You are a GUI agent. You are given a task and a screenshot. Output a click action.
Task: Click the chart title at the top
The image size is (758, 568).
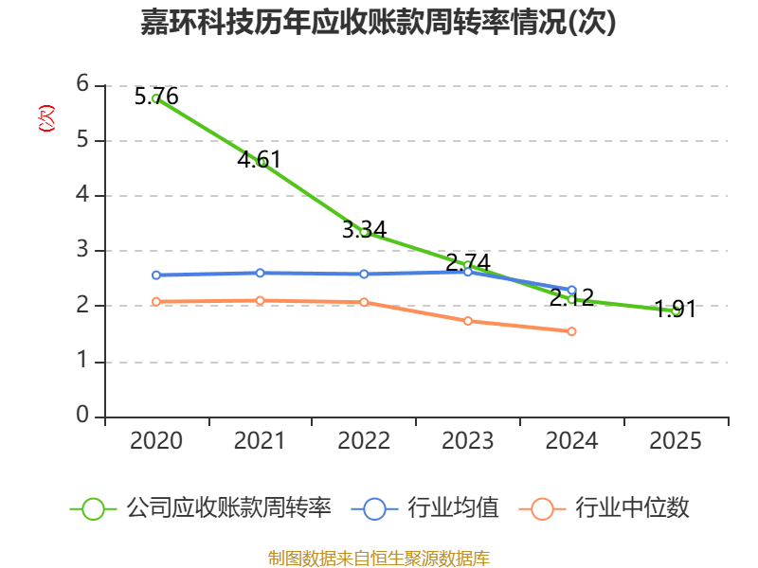[x=378, y=22]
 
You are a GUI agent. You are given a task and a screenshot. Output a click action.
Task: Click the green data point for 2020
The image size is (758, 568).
[x=156, y=98]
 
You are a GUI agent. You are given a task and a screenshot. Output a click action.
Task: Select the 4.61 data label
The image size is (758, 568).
[x=259, y=159]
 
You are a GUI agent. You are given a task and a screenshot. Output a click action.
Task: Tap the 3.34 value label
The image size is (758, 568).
[x=364, y=229]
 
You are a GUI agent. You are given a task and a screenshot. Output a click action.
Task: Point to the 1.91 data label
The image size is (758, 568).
[x=676, y=309]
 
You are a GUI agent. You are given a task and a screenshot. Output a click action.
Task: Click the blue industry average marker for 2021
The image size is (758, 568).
[x=260, y=273]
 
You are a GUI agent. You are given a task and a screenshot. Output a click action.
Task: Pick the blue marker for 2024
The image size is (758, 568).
[x=572, y=291]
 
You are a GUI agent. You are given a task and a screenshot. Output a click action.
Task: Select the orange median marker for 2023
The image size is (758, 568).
[x=468, y=321]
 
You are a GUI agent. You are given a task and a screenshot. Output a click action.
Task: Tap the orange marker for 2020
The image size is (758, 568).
[x=156, y=302]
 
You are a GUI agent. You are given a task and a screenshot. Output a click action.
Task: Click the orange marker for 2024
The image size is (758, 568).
[x=572, y=331]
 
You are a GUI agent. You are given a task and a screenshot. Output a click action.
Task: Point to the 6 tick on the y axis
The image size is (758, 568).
[x=82, y=84]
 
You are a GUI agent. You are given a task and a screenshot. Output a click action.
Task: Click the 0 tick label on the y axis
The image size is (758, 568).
[x=82, y=415]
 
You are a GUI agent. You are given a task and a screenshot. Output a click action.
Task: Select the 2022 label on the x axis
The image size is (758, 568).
[x=364, y=441]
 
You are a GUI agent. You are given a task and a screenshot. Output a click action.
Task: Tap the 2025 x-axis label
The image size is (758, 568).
[x=676, y=441]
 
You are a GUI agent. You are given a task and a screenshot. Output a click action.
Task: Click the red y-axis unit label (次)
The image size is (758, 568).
[x=46, y=118]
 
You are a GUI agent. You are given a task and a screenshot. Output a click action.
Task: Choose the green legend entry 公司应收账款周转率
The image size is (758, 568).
[x=201, y=508]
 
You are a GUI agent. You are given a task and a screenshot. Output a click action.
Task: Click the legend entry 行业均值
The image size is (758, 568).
[x=424, y=508]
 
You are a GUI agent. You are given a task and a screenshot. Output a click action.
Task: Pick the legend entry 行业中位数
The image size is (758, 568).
[x=604, y=508]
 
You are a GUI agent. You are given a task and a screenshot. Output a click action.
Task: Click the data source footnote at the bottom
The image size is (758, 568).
[x=379, y=558]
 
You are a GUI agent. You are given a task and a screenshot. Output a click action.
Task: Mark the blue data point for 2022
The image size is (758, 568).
[x=364, y=274]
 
